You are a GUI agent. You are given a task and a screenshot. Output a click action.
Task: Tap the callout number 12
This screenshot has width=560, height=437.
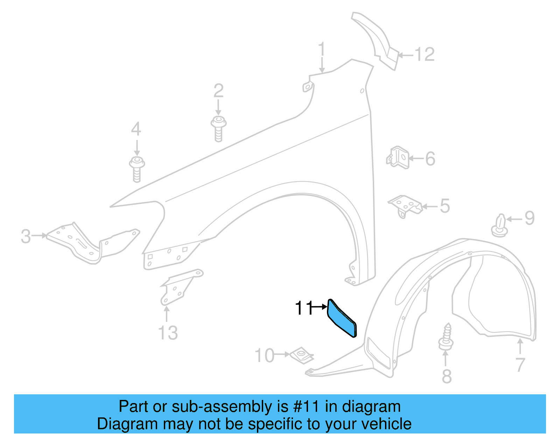(424, 55)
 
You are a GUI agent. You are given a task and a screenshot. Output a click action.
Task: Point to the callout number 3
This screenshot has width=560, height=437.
(26, 236)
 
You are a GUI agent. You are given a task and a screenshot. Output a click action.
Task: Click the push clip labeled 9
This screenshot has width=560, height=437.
(499, 226)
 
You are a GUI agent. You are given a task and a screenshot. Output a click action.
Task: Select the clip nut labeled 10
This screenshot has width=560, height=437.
(301, 355)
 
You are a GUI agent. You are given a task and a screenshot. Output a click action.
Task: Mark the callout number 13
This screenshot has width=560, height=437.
(168, 333)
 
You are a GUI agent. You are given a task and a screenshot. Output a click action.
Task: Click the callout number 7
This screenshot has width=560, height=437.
(520, 365)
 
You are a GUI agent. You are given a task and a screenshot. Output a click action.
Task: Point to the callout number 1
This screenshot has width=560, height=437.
(322, 50)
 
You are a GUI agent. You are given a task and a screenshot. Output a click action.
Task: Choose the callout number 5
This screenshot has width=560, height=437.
(444, 206)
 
